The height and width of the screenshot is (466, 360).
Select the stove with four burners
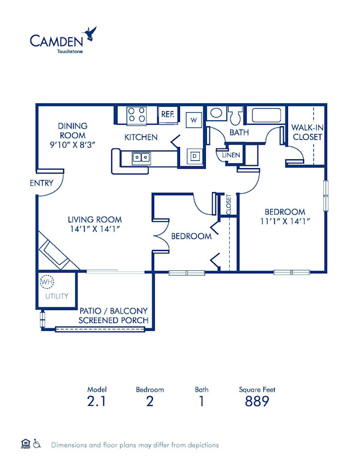pos(137,113)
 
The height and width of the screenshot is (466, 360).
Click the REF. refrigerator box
pos(167,114)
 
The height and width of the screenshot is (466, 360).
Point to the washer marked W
pos(194,120)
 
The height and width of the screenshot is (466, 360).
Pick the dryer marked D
pos(194,156)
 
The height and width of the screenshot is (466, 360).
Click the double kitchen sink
pos(142,157)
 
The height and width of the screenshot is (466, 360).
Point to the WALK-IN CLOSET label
pos(307,132)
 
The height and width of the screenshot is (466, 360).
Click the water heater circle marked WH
pos(46,281)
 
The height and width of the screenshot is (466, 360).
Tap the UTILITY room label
pos(56,296)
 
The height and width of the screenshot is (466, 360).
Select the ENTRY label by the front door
pos(41,183)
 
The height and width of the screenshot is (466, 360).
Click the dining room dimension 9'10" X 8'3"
pos(73,145)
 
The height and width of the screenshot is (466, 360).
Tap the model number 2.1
pos(97,401)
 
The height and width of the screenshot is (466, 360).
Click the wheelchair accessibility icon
pos(37,445)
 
